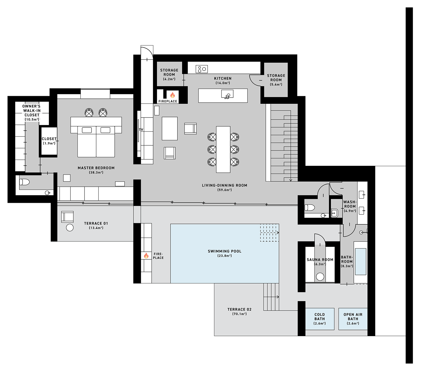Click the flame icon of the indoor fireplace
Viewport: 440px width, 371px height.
[172, 95]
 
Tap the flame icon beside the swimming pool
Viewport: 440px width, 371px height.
[146, 256]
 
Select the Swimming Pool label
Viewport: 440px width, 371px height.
[224, 251]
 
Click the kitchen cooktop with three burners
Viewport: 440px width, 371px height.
[202, 69]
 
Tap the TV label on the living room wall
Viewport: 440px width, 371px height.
[141, 130]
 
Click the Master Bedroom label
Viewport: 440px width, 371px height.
[96, 168]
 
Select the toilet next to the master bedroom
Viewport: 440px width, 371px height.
[25, 182]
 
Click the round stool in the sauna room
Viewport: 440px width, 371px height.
[320, 276]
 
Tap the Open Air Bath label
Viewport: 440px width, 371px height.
[353, 316]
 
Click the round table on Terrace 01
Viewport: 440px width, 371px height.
[70, 227]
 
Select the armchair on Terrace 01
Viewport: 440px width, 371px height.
[67, 217]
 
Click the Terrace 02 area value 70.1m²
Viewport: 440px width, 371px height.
[239, 314]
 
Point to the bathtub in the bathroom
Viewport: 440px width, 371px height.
[361, 261]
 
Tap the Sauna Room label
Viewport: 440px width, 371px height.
[320, 260]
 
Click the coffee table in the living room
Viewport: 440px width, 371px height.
[170, 128]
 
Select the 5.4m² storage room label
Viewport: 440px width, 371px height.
[276, 80]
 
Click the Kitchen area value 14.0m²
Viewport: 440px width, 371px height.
[223, 83]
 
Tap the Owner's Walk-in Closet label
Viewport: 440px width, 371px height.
[32, 110]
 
